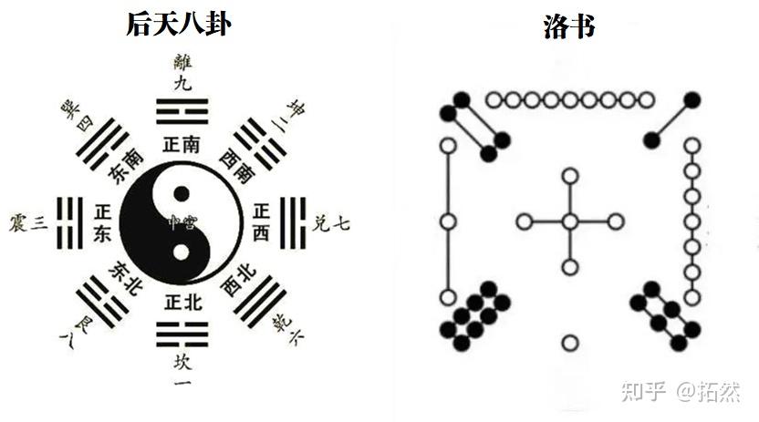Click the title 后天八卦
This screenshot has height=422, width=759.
[178, 24]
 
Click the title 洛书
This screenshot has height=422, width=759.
[568, 26]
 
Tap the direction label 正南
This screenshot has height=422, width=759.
[182, 144]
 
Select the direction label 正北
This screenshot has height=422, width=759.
[182, 300]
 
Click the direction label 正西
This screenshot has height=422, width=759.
[261, 222]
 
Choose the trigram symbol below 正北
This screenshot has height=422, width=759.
[182, 334]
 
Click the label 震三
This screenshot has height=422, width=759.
[27, 222]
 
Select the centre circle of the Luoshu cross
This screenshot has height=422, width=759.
[570, 221]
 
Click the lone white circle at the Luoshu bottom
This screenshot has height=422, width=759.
[570, 343]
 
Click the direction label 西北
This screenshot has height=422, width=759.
[236, 279]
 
